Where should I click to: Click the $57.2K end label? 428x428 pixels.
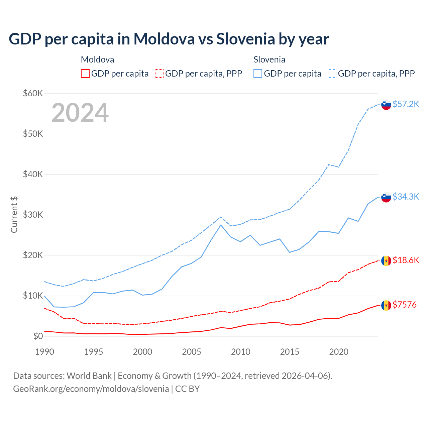click(406, 104)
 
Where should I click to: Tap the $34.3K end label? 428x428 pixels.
click(406, 197)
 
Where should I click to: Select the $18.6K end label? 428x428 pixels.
click(406, 260)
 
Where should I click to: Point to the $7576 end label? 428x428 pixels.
click(404, 305)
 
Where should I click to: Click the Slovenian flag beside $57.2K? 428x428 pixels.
click(386, 105)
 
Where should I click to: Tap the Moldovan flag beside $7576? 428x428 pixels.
click(386, 305)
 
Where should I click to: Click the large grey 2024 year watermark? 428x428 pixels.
click(80, 113)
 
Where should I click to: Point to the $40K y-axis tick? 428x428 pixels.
click(33, 174)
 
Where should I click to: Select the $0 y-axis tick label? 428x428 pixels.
click(38, 336)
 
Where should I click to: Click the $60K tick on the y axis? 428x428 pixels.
click(33, 93)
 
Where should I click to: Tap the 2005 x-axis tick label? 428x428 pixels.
click(192, 352)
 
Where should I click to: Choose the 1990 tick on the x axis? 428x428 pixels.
click(44, 352)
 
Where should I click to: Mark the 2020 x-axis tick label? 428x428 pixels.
click(339, 352)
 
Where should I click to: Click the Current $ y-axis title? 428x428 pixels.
click(14, 215)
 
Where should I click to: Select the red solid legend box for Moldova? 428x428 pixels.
click(85, 74)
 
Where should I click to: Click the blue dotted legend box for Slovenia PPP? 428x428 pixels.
click(332, 74)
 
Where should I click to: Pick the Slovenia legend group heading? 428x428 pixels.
click(269, 60)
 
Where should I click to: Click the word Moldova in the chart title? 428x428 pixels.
click(164, 39)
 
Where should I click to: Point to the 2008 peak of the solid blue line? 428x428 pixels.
click(221, 225)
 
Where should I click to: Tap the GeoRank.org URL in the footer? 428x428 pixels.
click(91, 389)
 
